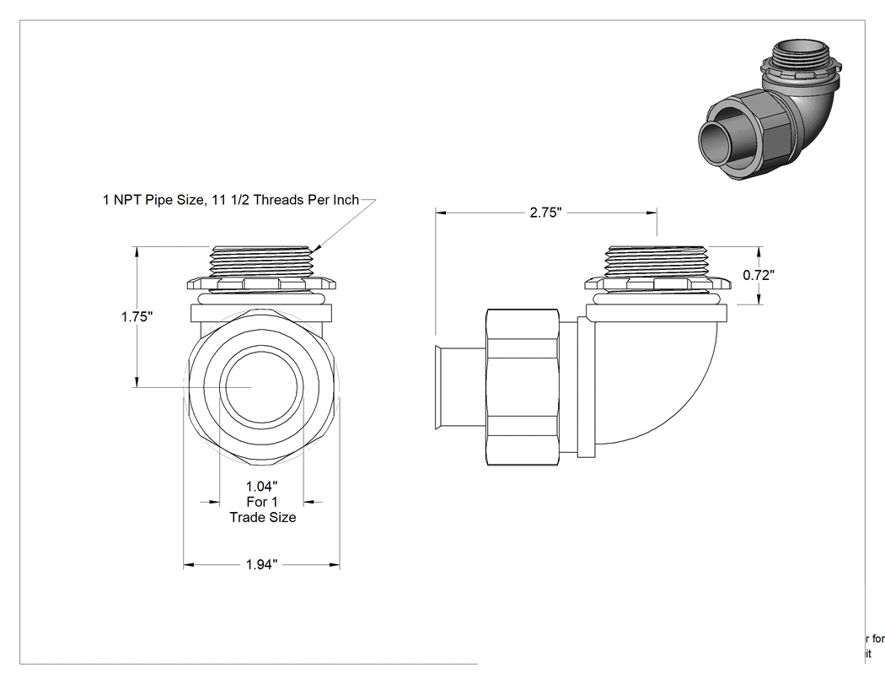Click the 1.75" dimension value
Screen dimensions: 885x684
tap(137, 317)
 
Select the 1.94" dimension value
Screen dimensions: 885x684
tap(262, 565)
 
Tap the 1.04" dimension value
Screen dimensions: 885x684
tap(262, 487)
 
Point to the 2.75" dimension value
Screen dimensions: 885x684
tap(546, 213)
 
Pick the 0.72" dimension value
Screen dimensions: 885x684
tap(759, 275)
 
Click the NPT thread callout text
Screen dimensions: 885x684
tap(231, 200)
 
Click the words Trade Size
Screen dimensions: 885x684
tap(263, 517)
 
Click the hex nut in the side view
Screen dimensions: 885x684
tap(523, 387)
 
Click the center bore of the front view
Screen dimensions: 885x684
tap(261, 387)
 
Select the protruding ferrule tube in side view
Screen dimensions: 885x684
tap(460, 387)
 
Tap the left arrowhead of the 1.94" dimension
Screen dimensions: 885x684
tap(189, 565)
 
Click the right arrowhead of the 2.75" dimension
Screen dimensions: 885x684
tap(652, 213)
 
